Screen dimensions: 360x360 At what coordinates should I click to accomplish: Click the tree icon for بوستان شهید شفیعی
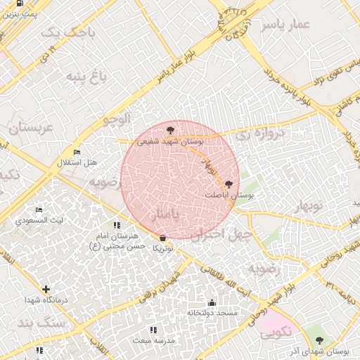click(x=169, y=130)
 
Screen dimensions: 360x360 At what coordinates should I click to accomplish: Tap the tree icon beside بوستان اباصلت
click(x=227, y=184)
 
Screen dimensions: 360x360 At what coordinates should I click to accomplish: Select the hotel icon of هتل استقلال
click(x=77, y=153)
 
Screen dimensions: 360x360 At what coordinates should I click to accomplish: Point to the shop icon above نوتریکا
click(x=163, y=238)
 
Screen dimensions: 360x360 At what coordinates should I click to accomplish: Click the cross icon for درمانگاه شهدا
click(x=46, y=289)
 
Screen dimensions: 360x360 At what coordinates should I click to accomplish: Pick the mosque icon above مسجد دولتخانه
click(x=212, y=303)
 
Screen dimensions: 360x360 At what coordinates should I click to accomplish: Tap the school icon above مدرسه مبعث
click(x=153, y=330)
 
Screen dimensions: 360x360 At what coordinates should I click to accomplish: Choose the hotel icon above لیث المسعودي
click(x=39, y=210)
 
